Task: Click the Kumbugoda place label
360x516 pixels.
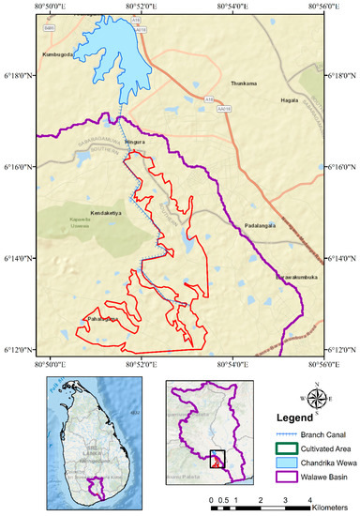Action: tap(58, 54)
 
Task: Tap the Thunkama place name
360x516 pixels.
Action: tap(242, 83)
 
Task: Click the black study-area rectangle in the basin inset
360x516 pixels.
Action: tap(217, 459)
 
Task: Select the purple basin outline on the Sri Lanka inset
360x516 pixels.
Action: tap(94, 488)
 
